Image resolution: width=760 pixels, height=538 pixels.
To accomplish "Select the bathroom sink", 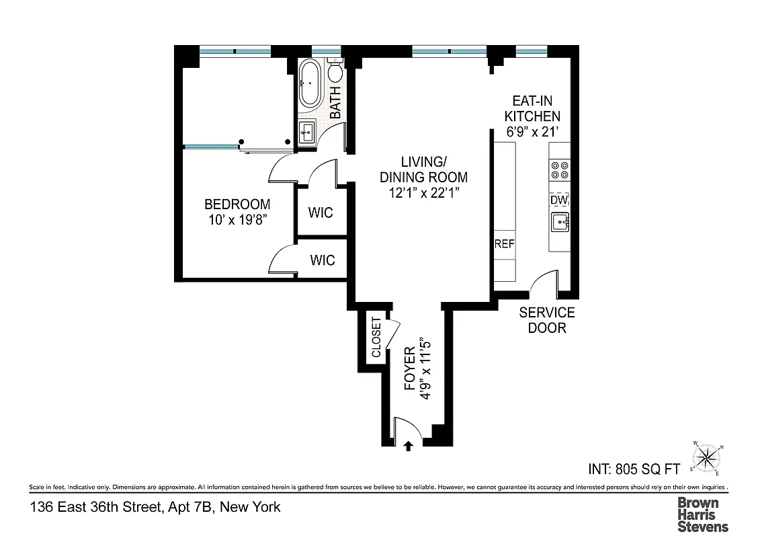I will [x=308, y=132].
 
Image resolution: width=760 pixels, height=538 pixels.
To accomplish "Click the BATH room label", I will [x=335, y=105].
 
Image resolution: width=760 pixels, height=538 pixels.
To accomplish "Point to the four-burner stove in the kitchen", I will [x=560, y=170].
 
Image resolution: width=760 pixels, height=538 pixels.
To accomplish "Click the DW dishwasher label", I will [x=559, y=200].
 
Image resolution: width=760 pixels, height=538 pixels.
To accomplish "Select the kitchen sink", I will [x=560, y=222].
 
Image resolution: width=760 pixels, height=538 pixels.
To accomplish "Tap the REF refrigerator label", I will [x=504, y=244].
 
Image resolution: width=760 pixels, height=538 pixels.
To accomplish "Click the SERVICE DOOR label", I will [x=546, y=320].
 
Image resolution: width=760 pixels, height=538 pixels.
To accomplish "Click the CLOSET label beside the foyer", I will [x=376, y=338].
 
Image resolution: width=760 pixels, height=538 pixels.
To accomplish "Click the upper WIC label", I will [x=321, y=213].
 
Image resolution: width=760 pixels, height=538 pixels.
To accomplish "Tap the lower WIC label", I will [x=322, y=260].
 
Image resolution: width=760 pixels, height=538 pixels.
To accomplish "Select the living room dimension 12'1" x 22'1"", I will [x=423, y=178].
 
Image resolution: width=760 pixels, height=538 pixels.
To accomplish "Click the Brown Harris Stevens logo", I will [x=702, y=514].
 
